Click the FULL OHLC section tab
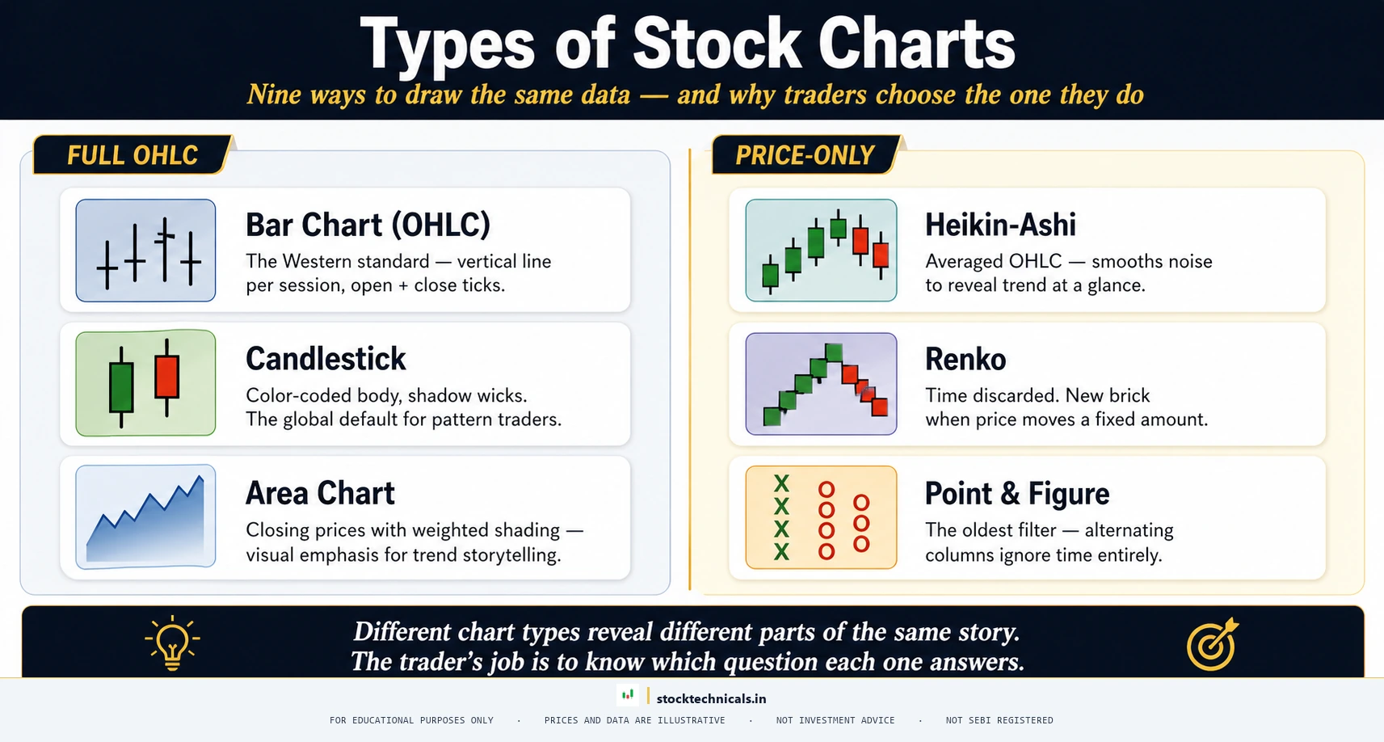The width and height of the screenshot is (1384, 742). point(133,155)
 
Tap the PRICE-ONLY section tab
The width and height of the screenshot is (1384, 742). point(805,155)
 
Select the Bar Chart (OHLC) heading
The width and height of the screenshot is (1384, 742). point(368,225)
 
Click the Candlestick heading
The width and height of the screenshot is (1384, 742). point(326,359)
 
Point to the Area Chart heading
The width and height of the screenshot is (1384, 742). point(320,493)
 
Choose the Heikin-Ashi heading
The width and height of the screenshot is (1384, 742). point(1000,225)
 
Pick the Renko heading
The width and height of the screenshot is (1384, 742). point(965,359)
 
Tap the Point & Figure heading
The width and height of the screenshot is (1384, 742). point(1016,493)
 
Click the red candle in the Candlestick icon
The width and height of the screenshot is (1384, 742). point(167,377)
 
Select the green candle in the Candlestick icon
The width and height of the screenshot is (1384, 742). point(121,387)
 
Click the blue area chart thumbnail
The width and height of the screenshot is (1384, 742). point(145,516)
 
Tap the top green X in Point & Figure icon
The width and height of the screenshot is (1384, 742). point(781,484)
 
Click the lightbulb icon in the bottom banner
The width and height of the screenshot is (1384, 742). point(172,643)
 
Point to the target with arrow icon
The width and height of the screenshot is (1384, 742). point(1211,645)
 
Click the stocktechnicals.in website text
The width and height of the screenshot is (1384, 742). point(711,698)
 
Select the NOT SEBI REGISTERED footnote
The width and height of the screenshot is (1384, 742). point(999,720)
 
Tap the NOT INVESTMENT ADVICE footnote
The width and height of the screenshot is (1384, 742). point(835,720)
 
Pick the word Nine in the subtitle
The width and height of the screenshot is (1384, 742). point(274,95)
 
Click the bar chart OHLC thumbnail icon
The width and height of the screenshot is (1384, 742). point(145,251)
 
